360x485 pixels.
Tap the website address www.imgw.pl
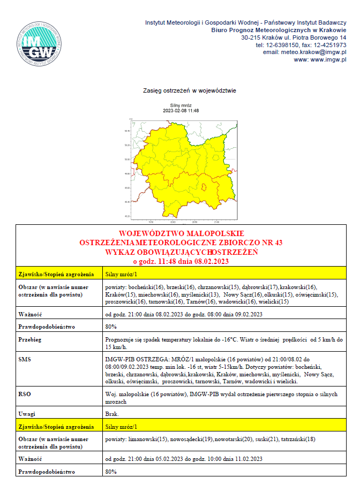point(320,60)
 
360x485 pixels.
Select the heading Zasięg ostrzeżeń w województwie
point(183,90)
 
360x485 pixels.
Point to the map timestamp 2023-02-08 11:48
point(181,111)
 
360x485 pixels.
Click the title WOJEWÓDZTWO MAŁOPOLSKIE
point(181,234)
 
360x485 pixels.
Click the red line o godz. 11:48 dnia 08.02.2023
point(181,262)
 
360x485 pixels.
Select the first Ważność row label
point(32,314)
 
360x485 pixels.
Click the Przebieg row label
point(31,339)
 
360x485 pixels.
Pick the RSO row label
point(26,393)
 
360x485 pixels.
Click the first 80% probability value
point(111,327)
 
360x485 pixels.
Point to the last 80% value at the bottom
point(111,472)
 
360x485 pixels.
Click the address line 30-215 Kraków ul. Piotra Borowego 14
point(294,37)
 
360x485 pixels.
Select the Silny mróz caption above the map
point(181,106)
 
